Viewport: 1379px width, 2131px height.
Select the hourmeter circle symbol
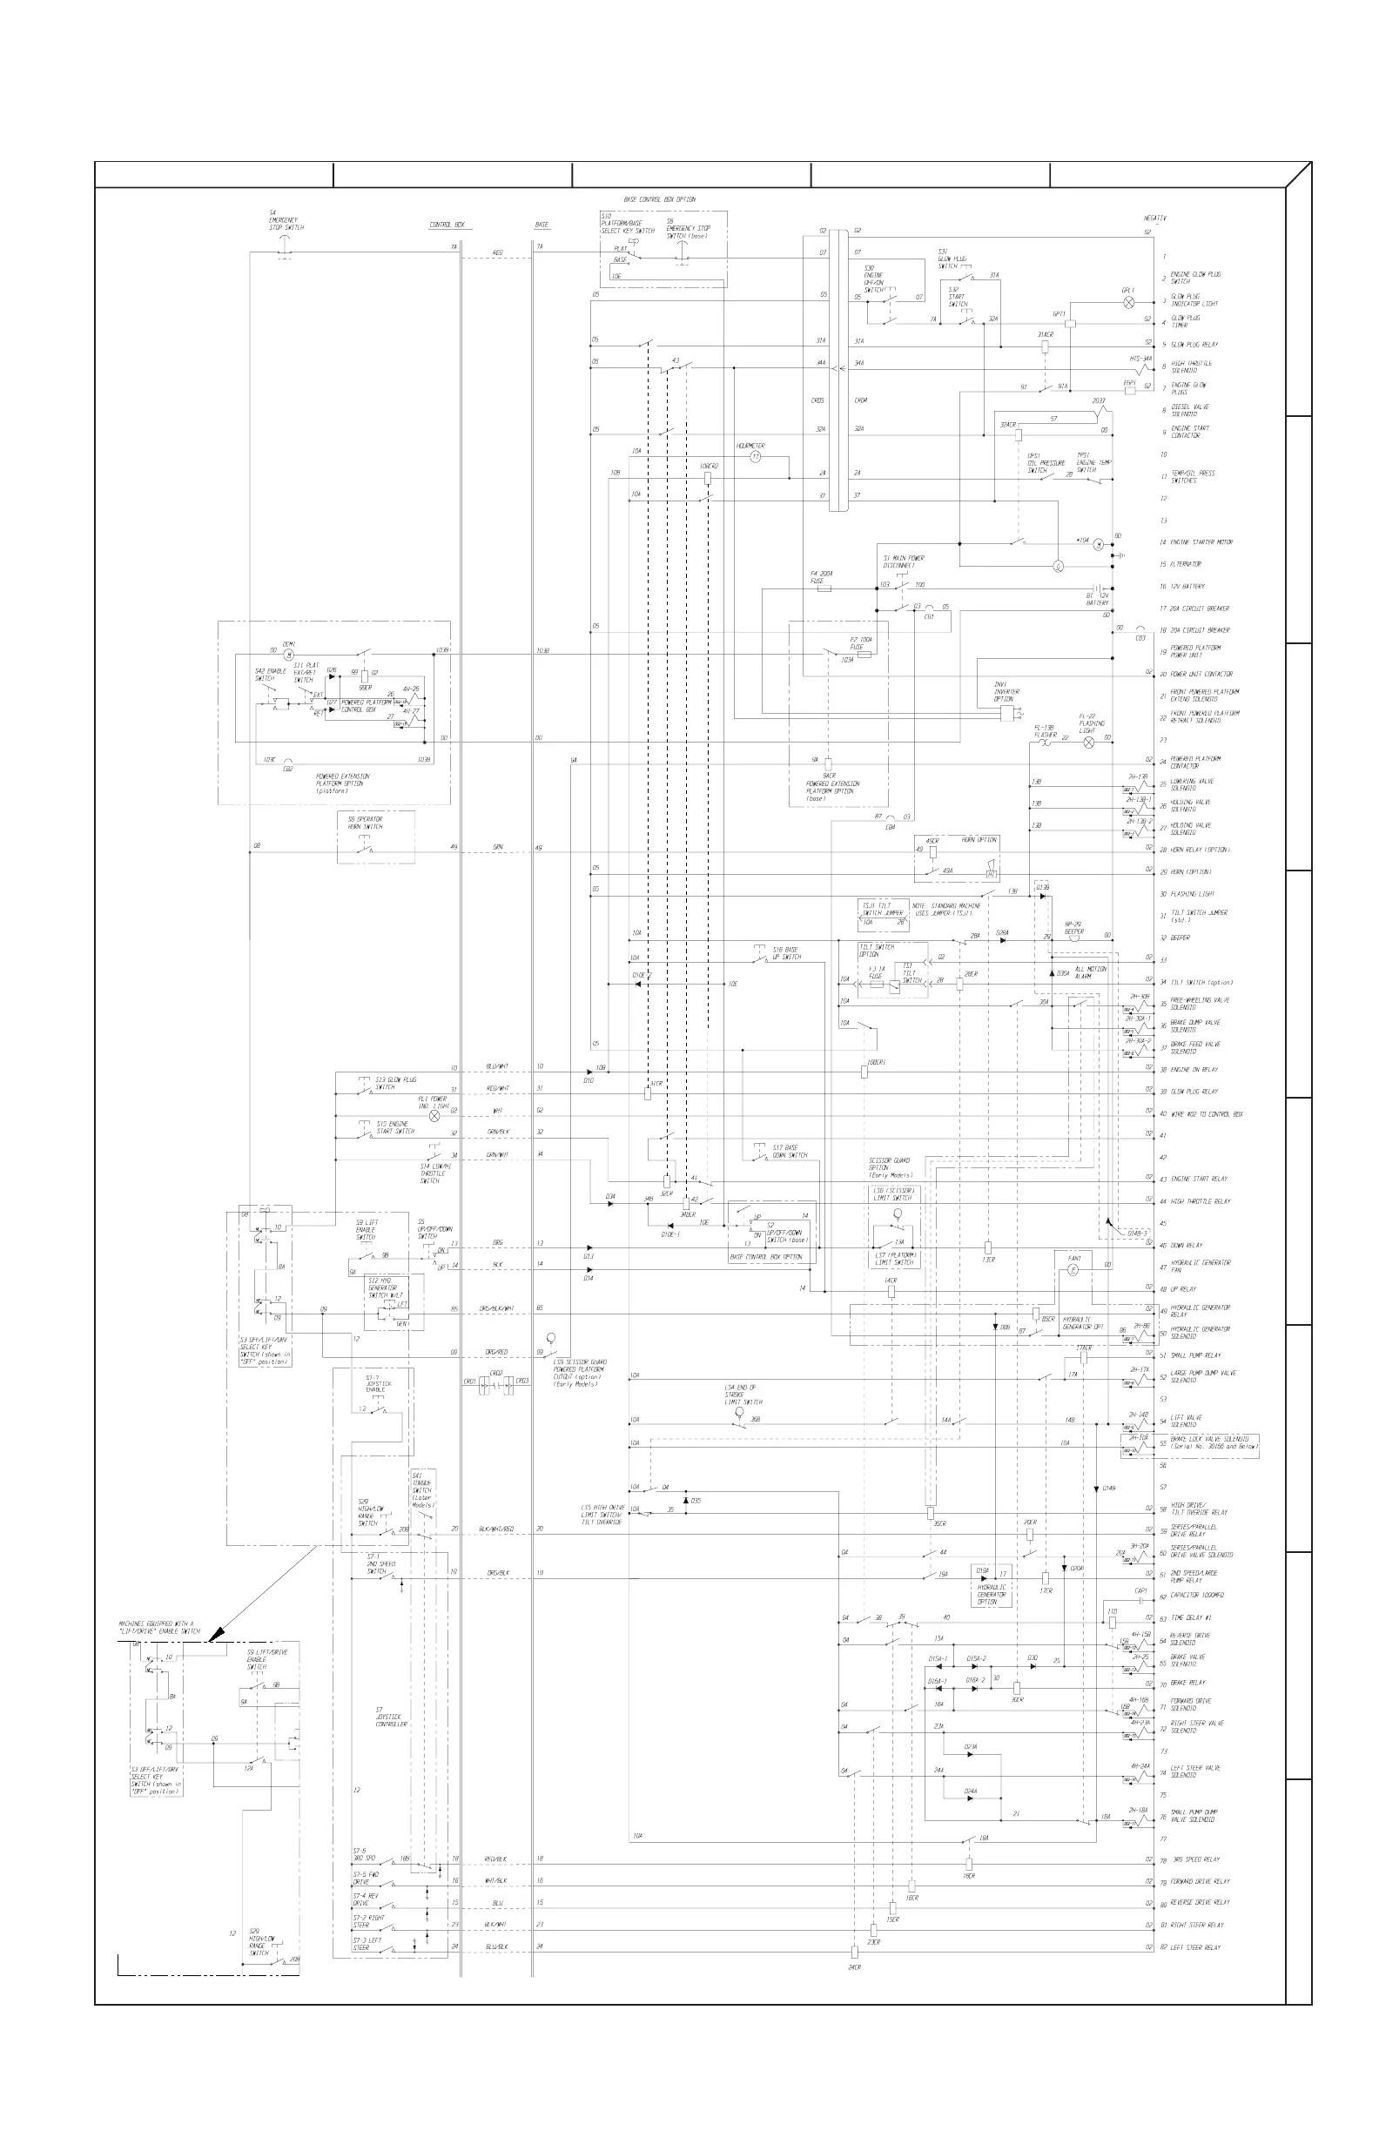pyautogui.click(x=755, y=457)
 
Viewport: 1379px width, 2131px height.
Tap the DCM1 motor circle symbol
pyautogui.click(x=288, y=655)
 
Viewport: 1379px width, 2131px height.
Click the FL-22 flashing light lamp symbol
pyautogui.click(x=1089, y=743)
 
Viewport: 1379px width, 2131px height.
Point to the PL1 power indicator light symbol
pyautogui.click(x=435, y=1116)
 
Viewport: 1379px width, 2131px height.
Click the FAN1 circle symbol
pyautogui.click(x=1074, y=1271)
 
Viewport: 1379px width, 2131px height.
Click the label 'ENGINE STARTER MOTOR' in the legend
pyautogui.click(x=1201, y=542)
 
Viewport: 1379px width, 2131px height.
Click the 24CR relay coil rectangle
pyautogui.click(x=854, y=1952)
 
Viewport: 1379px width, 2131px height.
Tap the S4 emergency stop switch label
pyautogui.click(x=286, y=221)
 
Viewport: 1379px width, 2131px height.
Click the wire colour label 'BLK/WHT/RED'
pyautogui.click(x=496, y=1529)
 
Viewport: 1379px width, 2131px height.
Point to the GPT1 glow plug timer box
pyautogui.click(x=1069, y=323)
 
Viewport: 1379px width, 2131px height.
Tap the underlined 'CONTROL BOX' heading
pyautogui.click(x=447, y=225)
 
